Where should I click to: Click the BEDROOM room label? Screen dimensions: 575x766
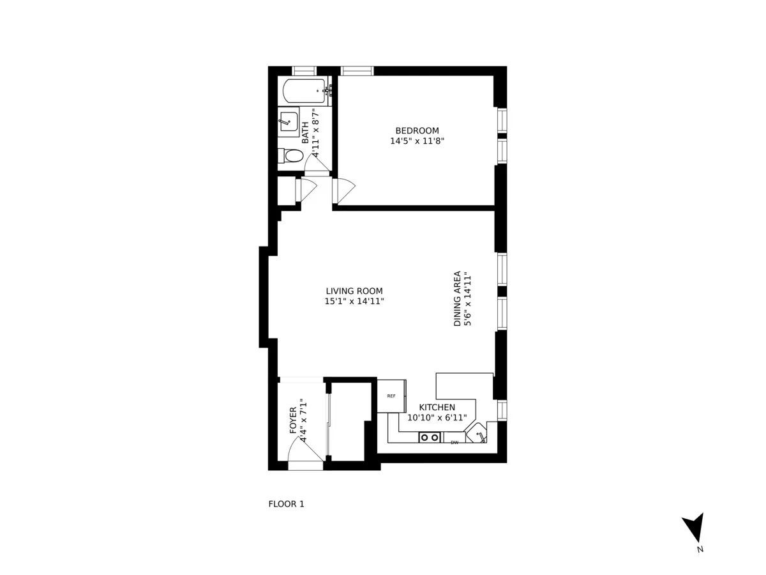(x=417, y=131)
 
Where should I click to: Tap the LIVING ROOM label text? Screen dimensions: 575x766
(x=354, y=291)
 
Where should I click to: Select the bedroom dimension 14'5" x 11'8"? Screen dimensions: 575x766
(x=417, y=141)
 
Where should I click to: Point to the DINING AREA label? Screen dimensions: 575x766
(x=458, y=299)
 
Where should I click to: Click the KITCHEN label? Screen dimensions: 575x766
(x=437, y=408)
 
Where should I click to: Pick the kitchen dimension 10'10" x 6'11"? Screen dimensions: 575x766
(x=437, y=418)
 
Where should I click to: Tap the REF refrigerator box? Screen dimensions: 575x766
(x=391, y=396)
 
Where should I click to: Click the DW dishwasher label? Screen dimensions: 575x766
(x=454, y=442)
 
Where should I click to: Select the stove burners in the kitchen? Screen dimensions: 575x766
(x=430, y=438)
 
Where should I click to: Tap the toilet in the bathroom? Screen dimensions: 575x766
(x=292, y=155)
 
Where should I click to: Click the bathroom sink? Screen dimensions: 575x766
(x=289, y=121)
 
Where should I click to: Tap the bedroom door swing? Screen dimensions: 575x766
(x=344, y=189)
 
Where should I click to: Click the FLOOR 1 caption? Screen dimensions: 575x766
(x=286, y=504)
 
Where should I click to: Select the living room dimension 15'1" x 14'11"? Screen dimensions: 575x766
(x=354, y=301)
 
